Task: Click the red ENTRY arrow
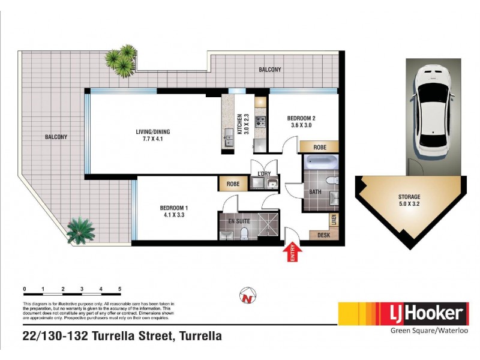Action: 293,253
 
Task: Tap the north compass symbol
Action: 246,296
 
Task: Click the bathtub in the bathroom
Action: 322,162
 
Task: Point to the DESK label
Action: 324,235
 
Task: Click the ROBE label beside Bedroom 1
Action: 233,184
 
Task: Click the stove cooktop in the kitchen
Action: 260,122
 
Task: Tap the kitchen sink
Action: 228,138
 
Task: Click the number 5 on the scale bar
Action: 121,290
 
